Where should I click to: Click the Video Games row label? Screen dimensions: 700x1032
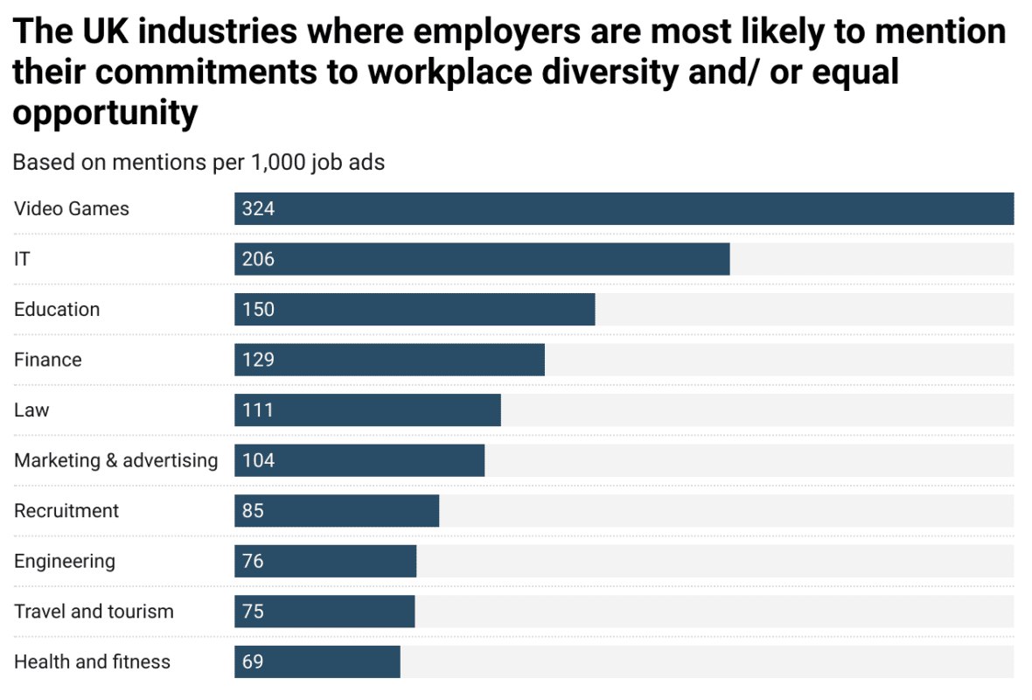pos(72,208)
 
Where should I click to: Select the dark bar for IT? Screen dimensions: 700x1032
pos(482,259)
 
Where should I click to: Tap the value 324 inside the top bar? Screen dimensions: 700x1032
pos(258,208)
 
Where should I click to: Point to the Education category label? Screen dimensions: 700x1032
pos(57,309)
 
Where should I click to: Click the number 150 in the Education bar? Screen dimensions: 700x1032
pos(258,309)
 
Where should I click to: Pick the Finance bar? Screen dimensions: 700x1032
pos(389,360)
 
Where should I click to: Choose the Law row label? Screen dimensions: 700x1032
pos(31,409)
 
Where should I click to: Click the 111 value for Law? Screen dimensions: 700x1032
pos(258,409)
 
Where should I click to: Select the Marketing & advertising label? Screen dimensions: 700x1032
pos(115,460)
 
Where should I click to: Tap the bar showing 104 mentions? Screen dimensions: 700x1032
pos(359,460)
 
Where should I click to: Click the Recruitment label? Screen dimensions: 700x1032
pos(66,510)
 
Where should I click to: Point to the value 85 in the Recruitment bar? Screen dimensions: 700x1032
pos(253,510)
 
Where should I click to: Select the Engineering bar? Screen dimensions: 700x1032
pos(325,561)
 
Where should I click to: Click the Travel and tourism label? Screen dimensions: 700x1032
pos(94,611)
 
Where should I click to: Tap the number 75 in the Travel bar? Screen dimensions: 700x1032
pos(253,611)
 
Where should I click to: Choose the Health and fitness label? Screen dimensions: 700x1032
pos(92,661)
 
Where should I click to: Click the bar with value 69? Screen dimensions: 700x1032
pos(317,661)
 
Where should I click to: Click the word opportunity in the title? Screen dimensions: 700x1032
pos(104,113)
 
